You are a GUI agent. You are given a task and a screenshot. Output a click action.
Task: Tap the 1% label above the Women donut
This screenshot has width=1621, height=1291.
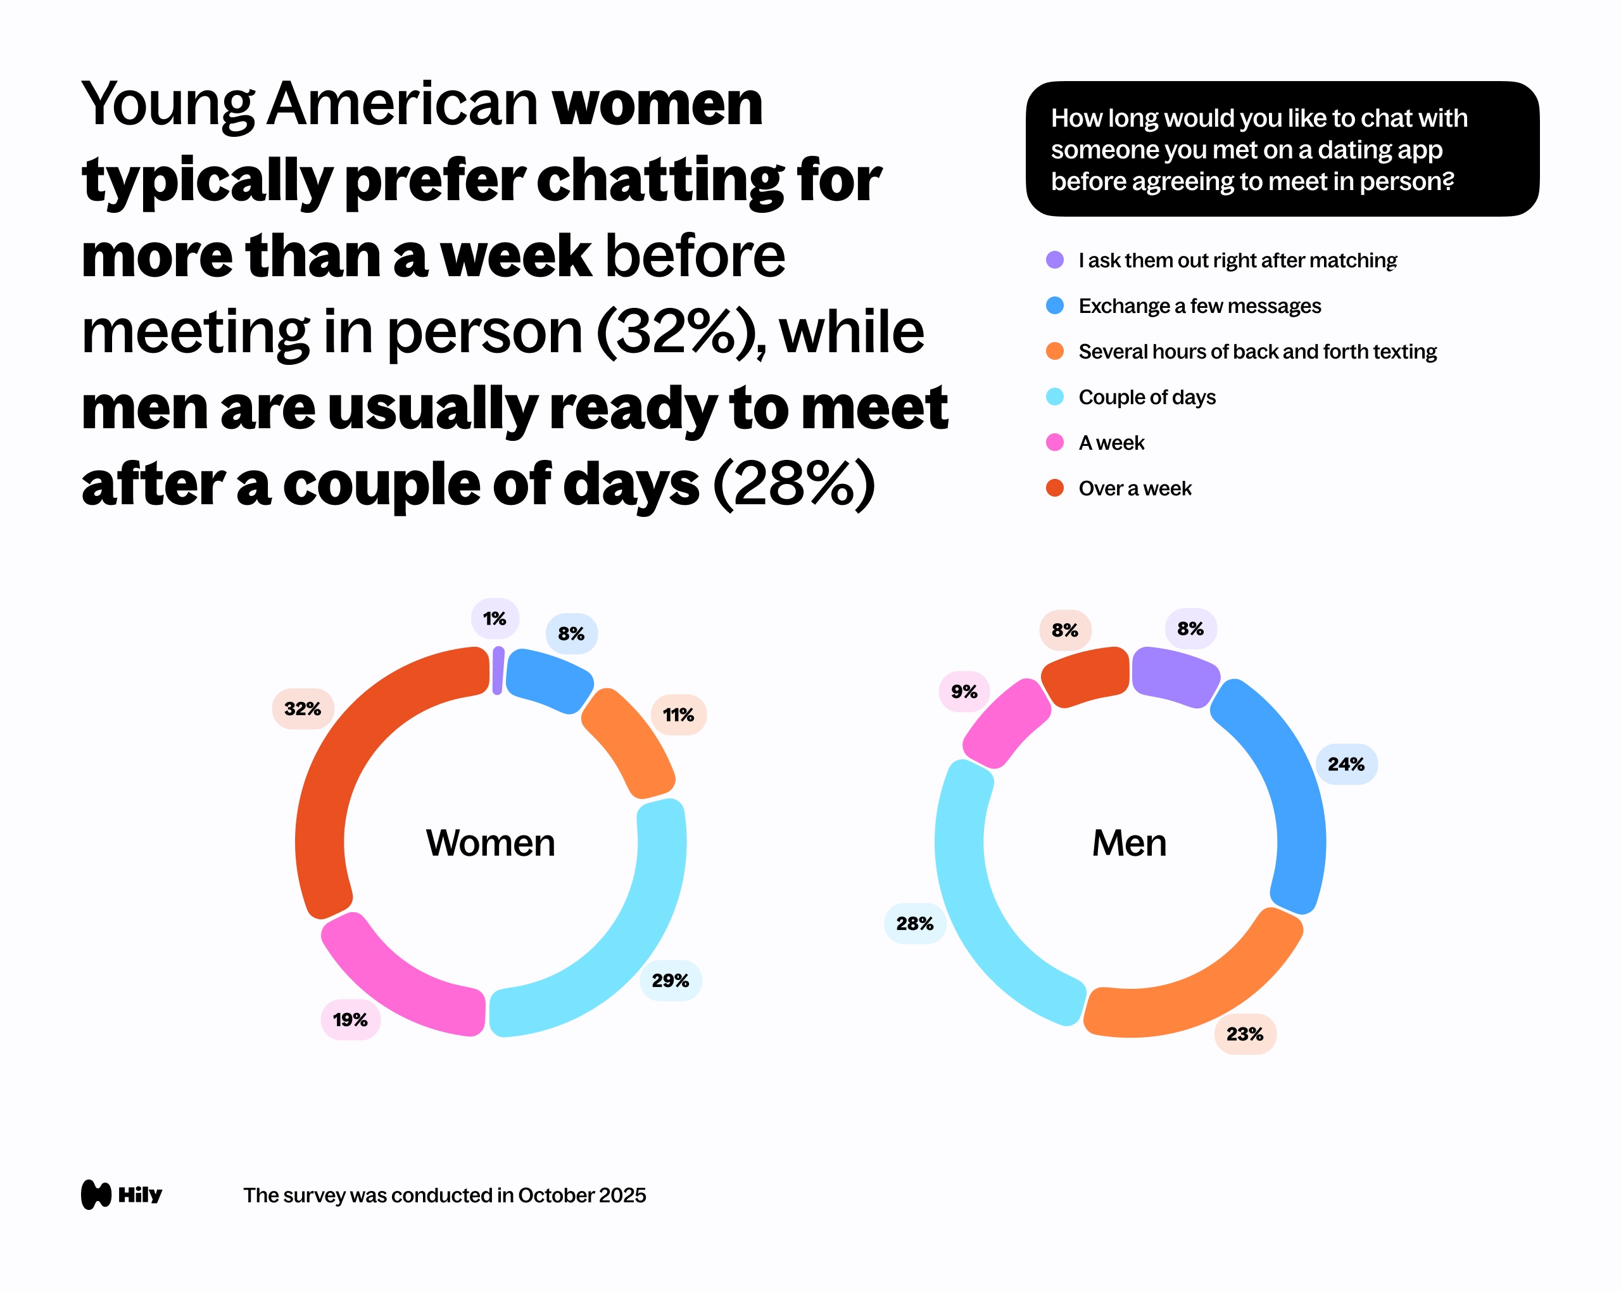[x=495, y=618]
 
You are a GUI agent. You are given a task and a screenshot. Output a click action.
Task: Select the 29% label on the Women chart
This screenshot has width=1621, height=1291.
[x=670, y=981]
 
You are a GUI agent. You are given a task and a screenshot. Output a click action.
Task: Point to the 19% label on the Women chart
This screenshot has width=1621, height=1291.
[x=350, y=1019]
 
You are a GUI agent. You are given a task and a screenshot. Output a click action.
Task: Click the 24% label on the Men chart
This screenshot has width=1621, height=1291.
[x=1346, y=765]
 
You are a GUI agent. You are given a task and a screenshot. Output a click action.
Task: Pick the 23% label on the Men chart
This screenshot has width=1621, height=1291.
[x=1245, y=1034]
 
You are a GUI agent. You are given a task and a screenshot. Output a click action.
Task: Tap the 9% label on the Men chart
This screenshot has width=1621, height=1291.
[x=964, y=691]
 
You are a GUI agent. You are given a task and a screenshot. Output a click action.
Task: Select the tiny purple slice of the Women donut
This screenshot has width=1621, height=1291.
[x=498, y=670]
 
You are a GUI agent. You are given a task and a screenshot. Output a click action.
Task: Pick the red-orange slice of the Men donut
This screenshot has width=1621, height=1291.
[x=1084, y=676]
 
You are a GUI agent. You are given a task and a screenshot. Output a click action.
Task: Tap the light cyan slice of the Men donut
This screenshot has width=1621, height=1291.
[x=978, y=903]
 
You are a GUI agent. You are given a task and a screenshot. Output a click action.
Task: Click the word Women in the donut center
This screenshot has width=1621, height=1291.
[x=490, y=843]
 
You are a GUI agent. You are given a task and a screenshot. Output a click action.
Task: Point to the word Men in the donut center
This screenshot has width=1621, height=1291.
[x=1129, y=843]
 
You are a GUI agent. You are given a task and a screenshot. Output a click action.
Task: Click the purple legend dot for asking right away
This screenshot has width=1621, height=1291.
[x=1055, y=260]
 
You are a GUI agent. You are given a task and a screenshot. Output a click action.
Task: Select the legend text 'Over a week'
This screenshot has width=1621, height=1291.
[x=1135, y=489]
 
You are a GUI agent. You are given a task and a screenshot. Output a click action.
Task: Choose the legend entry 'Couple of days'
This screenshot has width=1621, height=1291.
[x=1147, y=397]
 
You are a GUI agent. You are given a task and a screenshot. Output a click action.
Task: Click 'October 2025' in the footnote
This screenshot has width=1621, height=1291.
[x=581, y=1195]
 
